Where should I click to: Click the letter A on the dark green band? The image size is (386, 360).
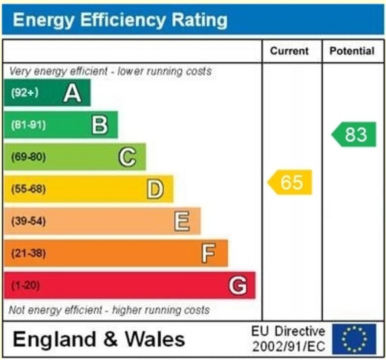[72, 93]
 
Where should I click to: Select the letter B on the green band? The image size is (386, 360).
[100, 125]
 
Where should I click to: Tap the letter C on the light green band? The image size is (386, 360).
[127, 157]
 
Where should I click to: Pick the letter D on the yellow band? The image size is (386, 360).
[155, 189]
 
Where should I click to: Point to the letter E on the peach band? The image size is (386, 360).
[182, 221]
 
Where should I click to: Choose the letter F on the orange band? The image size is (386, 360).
[208, 253]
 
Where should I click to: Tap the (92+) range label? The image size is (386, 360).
[25, 93]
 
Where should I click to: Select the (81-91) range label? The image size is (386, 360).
[28, 125]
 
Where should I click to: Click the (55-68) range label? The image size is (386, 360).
[28, 189]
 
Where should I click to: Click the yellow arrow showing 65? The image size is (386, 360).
[290, 182]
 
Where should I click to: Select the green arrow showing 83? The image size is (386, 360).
[354, 134]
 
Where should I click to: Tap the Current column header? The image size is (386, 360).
[289, 51]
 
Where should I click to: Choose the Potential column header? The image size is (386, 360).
[352, 51]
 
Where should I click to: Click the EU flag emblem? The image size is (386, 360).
[354, 339]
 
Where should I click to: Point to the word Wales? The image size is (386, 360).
[155, 339]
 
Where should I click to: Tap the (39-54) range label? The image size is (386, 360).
[28, 221]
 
